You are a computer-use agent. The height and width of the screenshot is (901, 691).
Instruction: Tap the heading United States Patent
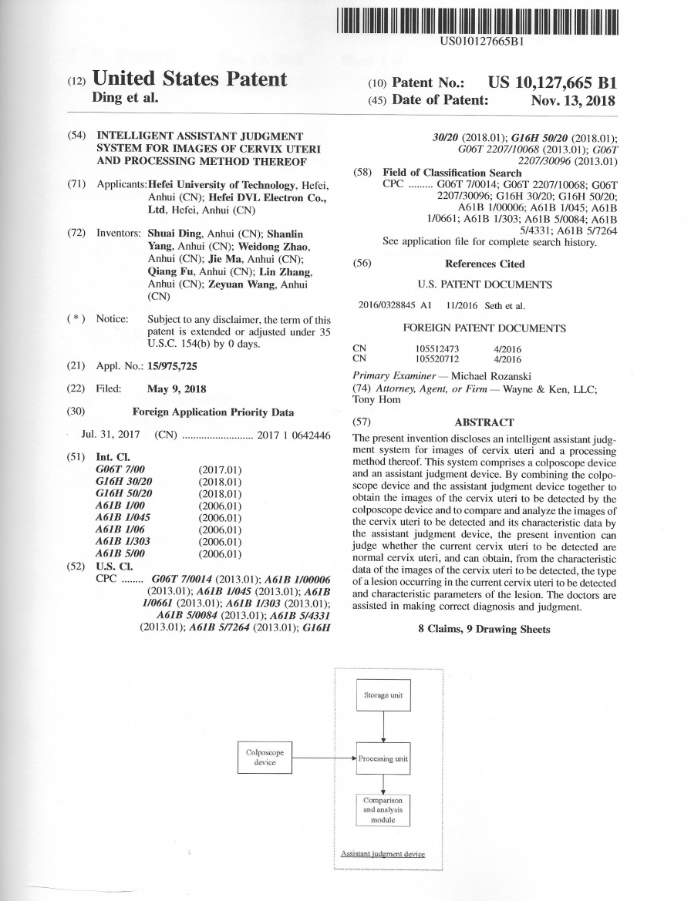click(x=189, y=79)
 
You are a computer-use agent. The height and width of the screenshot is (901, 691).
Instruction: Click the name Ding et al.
click(x=125, y=98)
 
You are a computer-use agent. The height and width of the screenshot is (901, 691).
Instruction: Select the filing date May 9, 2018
click(x=177, y=389)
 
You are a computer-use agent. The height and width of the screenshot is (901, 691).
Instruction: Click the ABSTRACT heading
click(x=484, y=422)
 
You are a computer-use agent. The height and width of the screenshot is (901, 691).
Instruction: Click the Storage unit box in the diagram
click(x=383, y=695)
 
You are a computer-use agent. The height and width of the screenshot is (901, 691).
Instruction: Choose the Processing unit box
click(x=383, y=758)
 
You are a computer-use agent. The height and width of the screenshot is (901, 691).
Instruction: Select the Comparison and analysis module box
click(x=383, y=810)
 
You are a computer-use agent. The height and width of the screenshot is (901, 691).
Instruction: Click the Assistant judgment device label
click(x=383, y=854)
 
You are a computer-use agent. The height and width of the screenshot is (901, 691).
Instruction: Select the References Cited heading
click(x=484, y=264)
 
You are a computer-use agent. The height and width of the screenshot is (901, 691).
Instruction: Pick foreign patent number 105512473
click(x=437, y=348)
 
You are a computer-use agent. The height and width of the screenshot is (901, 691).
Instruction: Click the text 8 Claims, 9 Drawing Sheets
click(x=484, y=629)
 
